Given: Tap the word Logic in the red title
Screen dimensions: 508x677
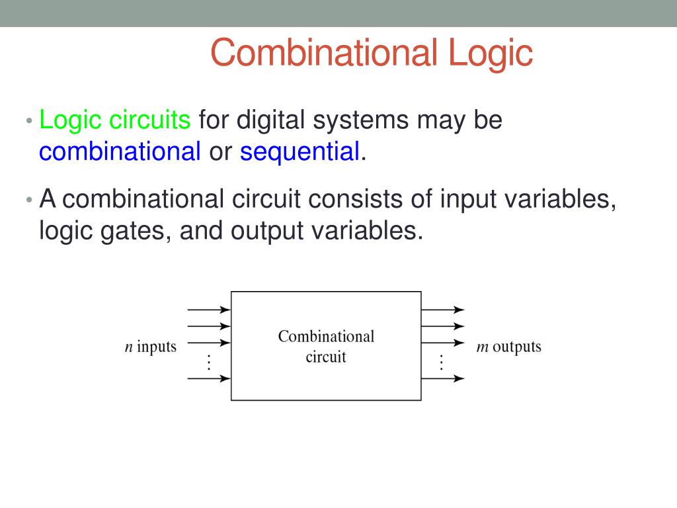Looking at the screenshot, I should coord(490,53).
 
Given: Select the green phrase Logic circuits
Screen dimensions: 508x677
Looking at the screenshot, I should coord(115,120).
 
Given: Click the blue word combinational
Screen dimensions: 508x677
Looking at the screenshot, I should coord(120,151).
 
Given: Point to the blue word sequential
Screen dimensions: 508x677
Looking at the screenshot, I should coord(299,151).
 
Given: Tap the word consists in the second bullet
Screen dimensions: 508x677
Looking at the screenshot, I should coord(360,198).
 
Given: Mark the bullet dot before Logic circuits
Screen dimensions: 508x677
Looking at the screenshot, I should coord(29,122).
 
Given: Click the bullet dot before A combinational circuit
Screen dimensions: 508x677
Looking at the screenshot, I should coord(29,200).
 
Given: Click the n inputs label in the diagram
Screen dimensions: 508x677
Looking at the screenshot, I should coord(151,347).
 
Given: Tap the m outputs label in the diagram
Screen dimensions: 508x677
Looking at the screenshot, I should coord(508,347).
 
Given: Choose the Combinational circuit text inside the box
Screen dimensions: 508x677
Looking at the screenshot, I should coord(326,347).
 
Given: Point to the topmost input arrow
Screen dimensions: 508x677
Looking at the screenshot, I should coord(209,310).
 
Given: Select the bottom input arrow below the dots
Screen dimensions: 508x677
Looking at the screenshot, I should coord(209,378).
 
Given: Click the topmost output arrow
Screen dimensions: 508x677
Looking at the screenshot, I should coord(442,310).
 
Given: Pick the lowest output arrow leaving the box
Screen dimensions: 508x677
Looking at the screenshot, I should coord(442,378).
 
